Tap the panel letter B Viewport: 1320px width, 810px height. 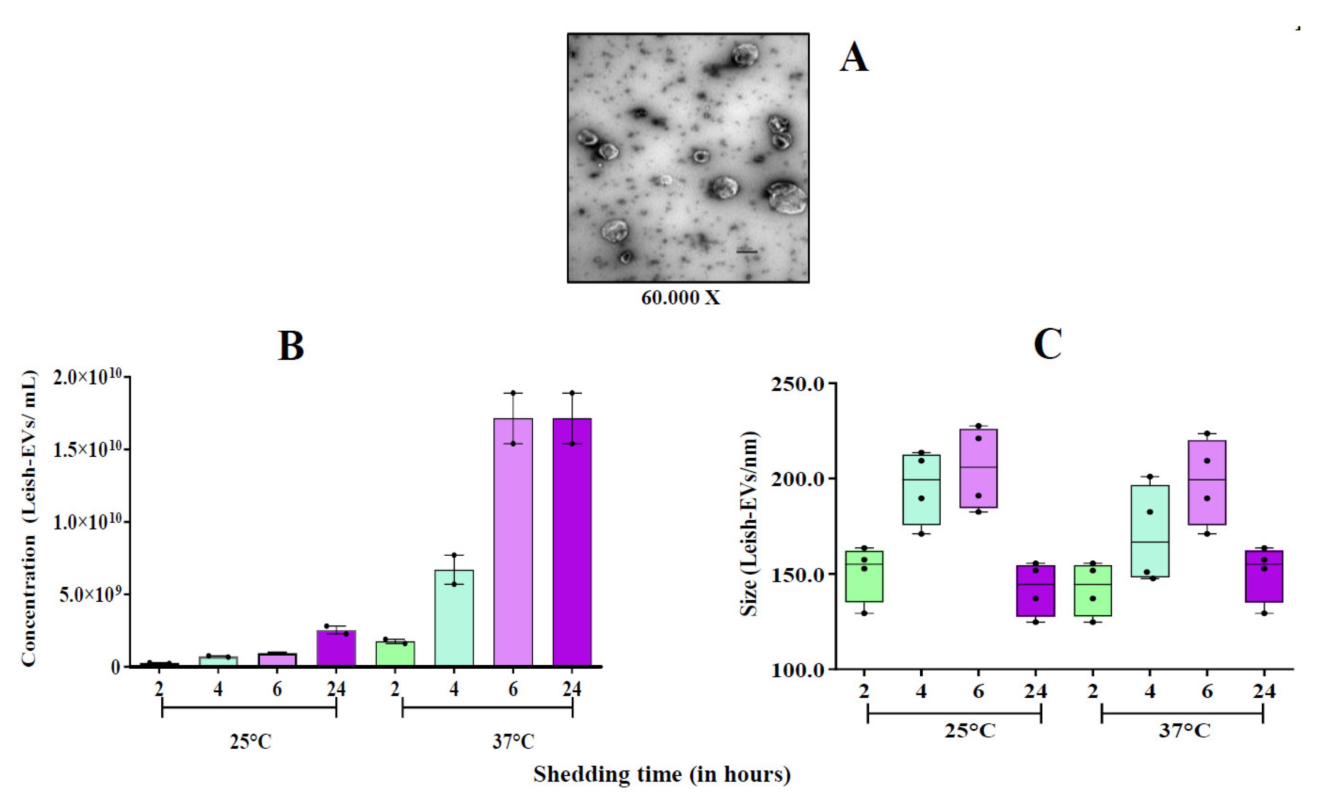point(291,346)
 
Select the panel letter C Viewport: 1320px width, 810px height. point(1048,345)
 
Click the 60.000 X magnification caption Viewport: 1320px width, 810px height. point(681,298)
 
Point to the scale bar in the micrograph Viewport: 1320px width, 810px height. point(747,251)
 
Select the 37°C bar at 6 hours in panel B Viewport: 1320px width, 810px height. point(513,541)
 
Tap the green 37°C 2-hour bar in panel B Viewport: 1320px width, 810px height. point(395,653)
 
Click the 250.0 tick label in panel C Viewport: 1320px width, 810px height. point(797,384)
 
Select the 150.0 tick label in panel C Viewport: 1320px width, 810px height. point(797,575)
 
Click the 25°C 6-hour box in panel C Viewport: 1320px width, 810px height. point(979,468)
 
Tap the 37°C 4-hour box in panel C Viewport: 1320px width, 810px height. point(1150,531)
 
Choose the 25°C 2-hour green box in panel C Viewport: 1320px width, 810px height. point(864,576)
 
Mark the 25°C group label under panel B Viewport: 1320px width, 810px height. point(251,742)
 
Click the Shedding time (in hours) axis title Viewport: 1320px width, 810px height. point(662,774)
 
